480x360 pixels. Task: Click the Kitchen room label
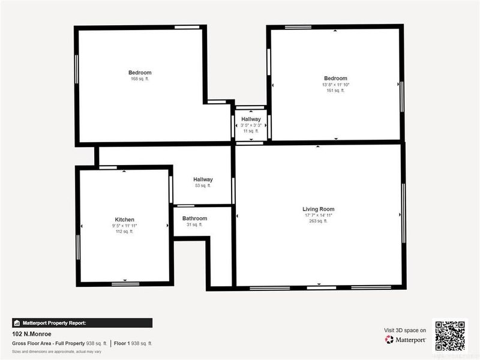coord(125,220)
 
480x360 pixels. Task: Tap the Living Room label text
coord(318,209)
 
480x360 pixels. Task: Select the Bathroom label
coord(194,218)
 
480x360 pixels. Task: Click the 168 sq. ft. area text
coord(140,79)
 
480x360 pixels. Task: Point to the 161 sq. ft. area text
coord(335,91)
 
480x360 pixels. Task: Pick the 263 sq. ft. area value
coord(318,221)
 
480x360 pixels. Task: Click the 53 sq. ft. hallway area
coord(203,185)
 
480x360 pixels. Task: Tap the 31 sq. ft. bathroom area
coord(194,224)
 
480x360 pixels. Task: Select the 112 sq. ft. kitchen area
coord(125,232)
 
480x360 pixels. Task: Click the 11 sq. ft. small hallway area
coord(251,131)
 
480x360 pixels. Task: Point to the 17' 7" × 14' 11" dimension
coord(318,215)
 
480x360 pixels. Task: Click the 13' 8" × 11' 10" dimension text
coord(335,85)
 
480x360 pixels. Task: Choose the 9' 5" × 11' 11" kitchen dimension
coord(125,226)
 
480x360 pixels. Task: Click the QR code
coord(449,335)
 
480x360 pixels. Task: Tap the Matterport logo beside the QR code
coord(406,340)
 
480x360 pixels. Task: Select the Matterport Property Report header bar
coord(82,323)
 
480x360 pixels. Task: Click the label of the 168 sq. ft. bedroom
coord(140,73)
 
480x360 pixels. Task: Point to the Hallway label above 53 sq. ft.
coord(203,179)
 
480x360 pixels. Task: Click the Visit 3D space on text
coord(405,330)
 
